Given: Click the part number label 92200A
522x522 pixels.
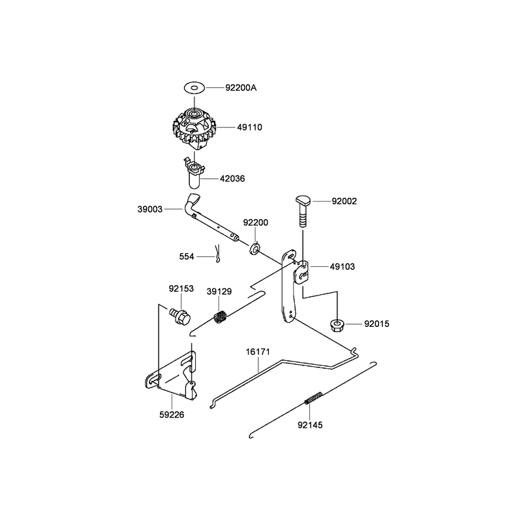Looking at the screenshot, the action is (x=241, y=88).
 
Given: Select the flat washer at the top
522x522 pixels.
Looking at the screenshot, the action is (x=194, y=88).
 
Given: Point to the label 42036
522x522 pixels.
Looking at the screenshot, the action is (x=232, y=179).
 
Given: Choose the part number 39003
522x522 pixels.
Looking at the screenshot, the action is (x=150, y=209).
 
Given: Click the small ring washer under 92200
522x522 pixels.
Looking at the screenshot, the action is (x=255, y=249).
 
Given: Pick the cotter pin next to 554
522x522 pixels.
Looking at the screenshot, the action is (x=217, y=254).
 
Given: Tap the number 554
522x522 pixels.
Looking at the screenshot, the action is (x=187, y=256).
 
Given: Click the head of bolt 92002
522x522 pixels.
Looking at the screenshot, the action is (x=303, y=200).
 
